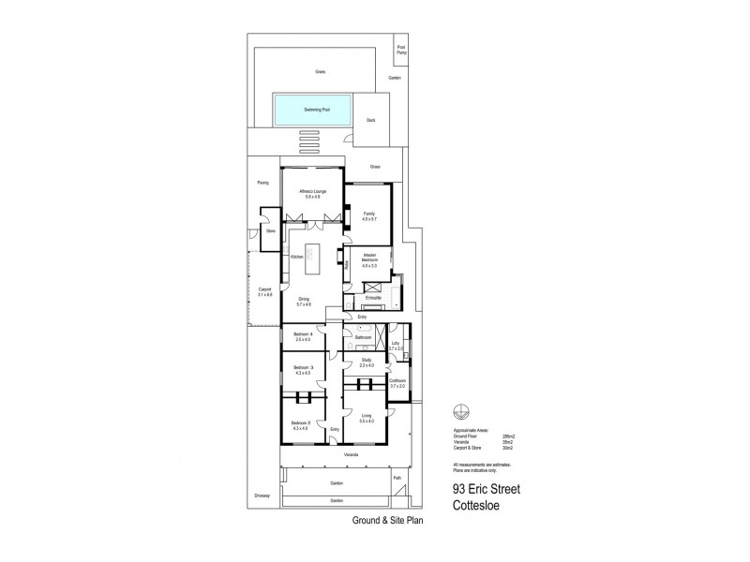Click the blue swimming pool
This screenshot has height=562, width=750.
tap(316, 110)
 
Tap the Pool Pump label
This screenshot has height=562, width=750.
tap(401, 50)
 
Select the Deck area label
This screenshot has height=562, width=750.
tap(370, 120)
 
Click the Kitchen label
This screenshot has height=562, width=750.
tap(295, 256)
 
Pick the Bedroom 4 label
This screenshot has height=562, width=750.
tap(303, 337)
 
